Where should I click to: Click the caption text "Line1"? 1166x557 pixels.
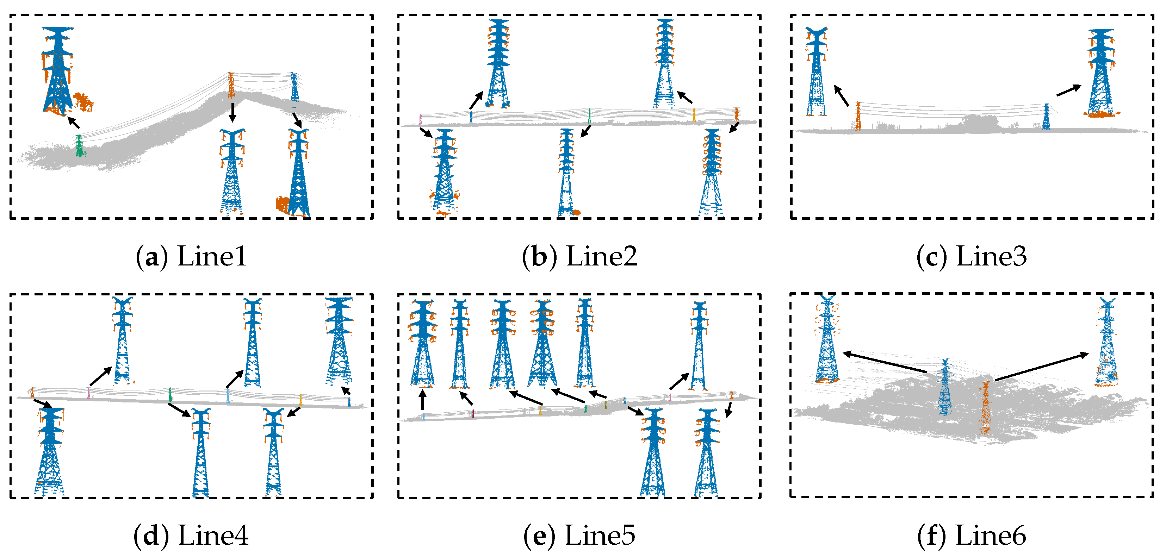tap(212, 257)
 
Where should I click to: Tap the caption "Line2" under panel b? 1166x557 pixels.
tap(602, 257)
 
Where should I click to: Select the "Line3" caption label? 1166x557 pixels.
tap(991, 257)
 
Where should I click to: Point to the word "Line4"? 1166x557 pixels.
tap(213, 535)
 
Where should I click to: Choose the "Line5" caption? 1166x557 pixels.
tap(600, 535)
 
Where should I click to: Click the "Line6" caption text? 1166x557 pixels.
tap(990, 535)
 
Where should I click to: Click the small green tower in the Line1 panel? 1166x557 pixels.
tap(80, 146)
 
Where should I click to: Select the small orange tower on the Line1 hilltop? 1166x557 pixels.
tap(231, 85)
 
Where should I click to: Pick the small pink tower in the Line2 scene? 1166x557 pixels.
tap(421, 119)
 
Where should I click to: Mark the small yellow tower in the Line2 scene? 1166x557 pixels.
tap(694, 114)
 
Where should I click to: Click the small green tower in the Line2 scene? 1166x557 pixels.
tap(589, 116)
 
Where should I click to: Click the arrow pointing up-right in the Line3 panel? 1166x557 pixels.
tap(1069, 90)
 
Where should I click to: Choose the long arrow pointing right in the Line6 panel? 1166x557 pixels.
tap(1041, 367)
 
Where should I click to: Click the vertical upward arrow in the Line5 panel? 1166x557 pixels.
tap(422, 400)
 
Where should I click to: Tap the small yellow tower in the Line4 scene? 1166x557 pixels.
tap(300, 400)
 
